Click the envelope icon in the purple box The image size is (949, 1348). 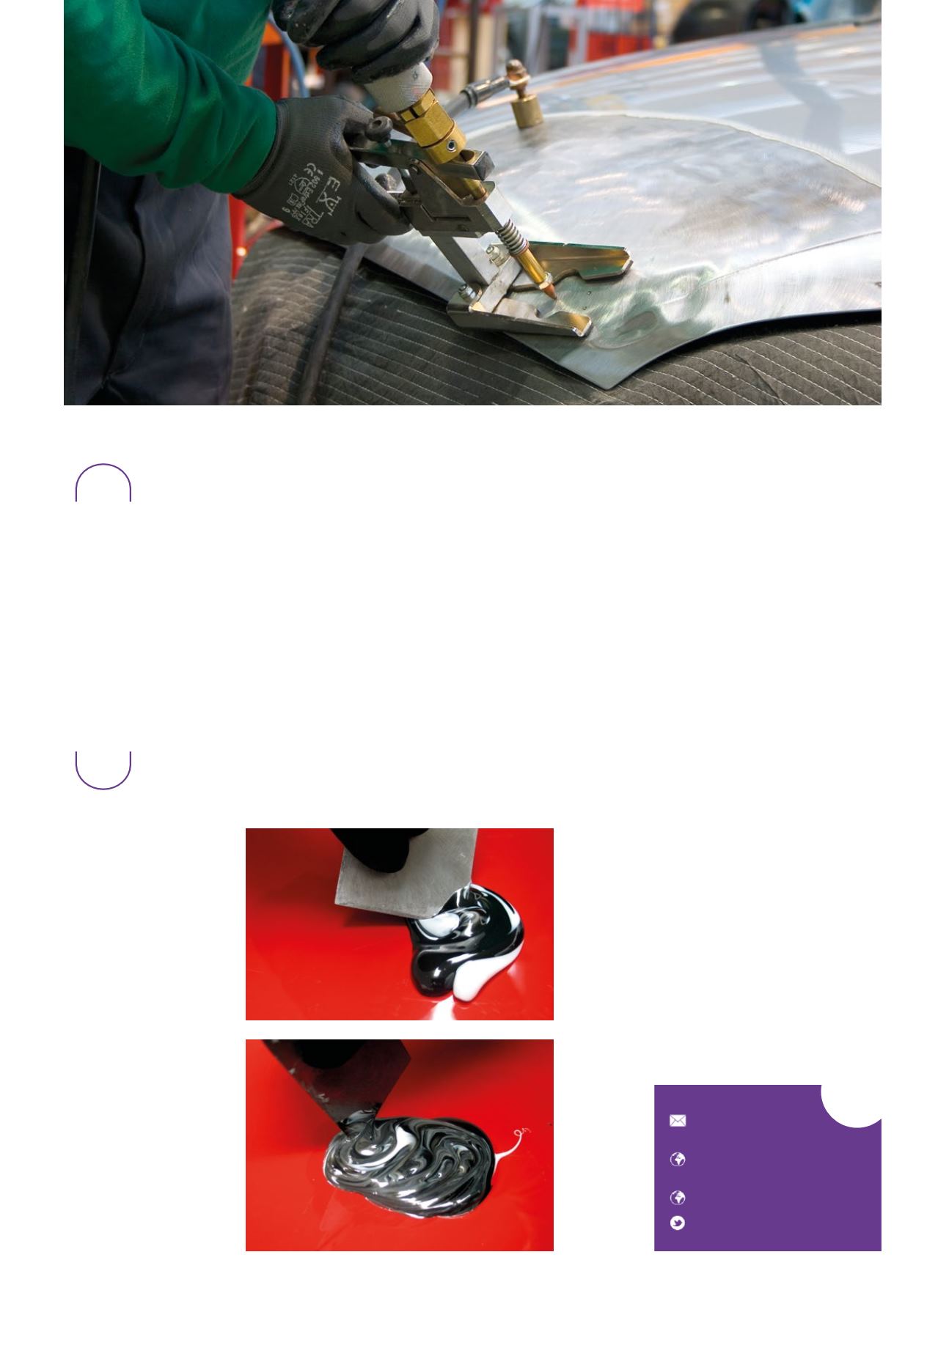pos(678,1121)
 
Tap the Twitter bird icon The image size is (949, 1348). pos(678,1223)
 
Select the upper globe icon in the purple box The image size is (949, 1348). pos(678,1159)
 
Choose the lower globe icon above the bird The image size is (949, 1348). pos(678,1198)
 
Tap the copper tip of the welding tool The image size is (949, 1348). pos(549,288)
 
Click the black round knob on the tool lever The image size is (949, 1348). pos(379,128)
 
